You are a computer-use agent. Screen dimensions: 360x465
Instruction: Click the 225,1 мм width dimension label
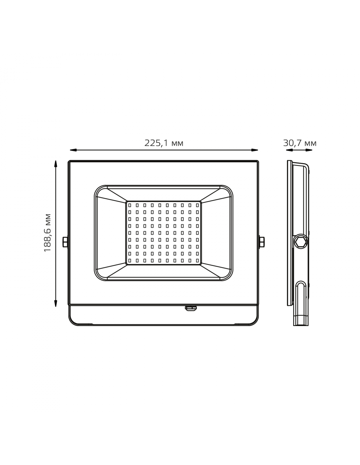point(164,143)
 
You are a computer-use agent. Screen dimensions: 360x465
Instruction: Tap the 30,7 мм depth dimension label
point(299,143)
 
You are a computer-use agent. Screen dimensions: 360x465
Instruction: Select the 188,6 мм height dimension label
point(47,233)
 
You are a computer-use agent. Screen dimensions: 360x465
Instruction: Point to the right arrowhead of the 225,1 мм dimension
point(255,150)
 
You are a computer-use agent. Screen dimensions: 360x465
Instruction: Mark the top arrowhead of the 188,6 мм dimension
point(56,164)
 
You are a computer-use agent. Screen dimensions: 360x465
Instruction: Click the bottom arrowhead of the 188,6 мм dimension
point(56,303)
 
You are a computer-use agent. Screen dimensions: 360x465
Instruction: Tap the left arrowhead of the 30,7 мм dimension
point(289,150)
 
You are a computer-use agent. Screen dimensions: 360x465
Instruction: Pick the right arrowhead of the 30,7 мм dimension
point(309,150)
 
